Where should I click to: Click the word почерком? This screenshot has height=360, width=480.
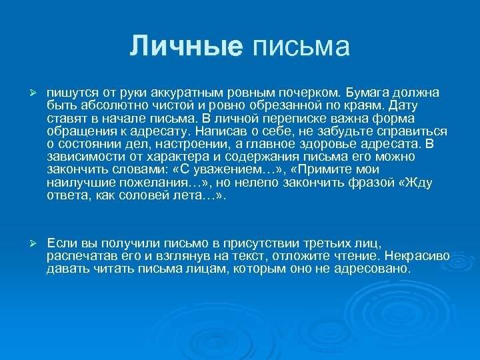click(309, 91)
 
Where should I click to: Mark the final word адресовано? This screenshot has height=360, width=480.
click(375, 269)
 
